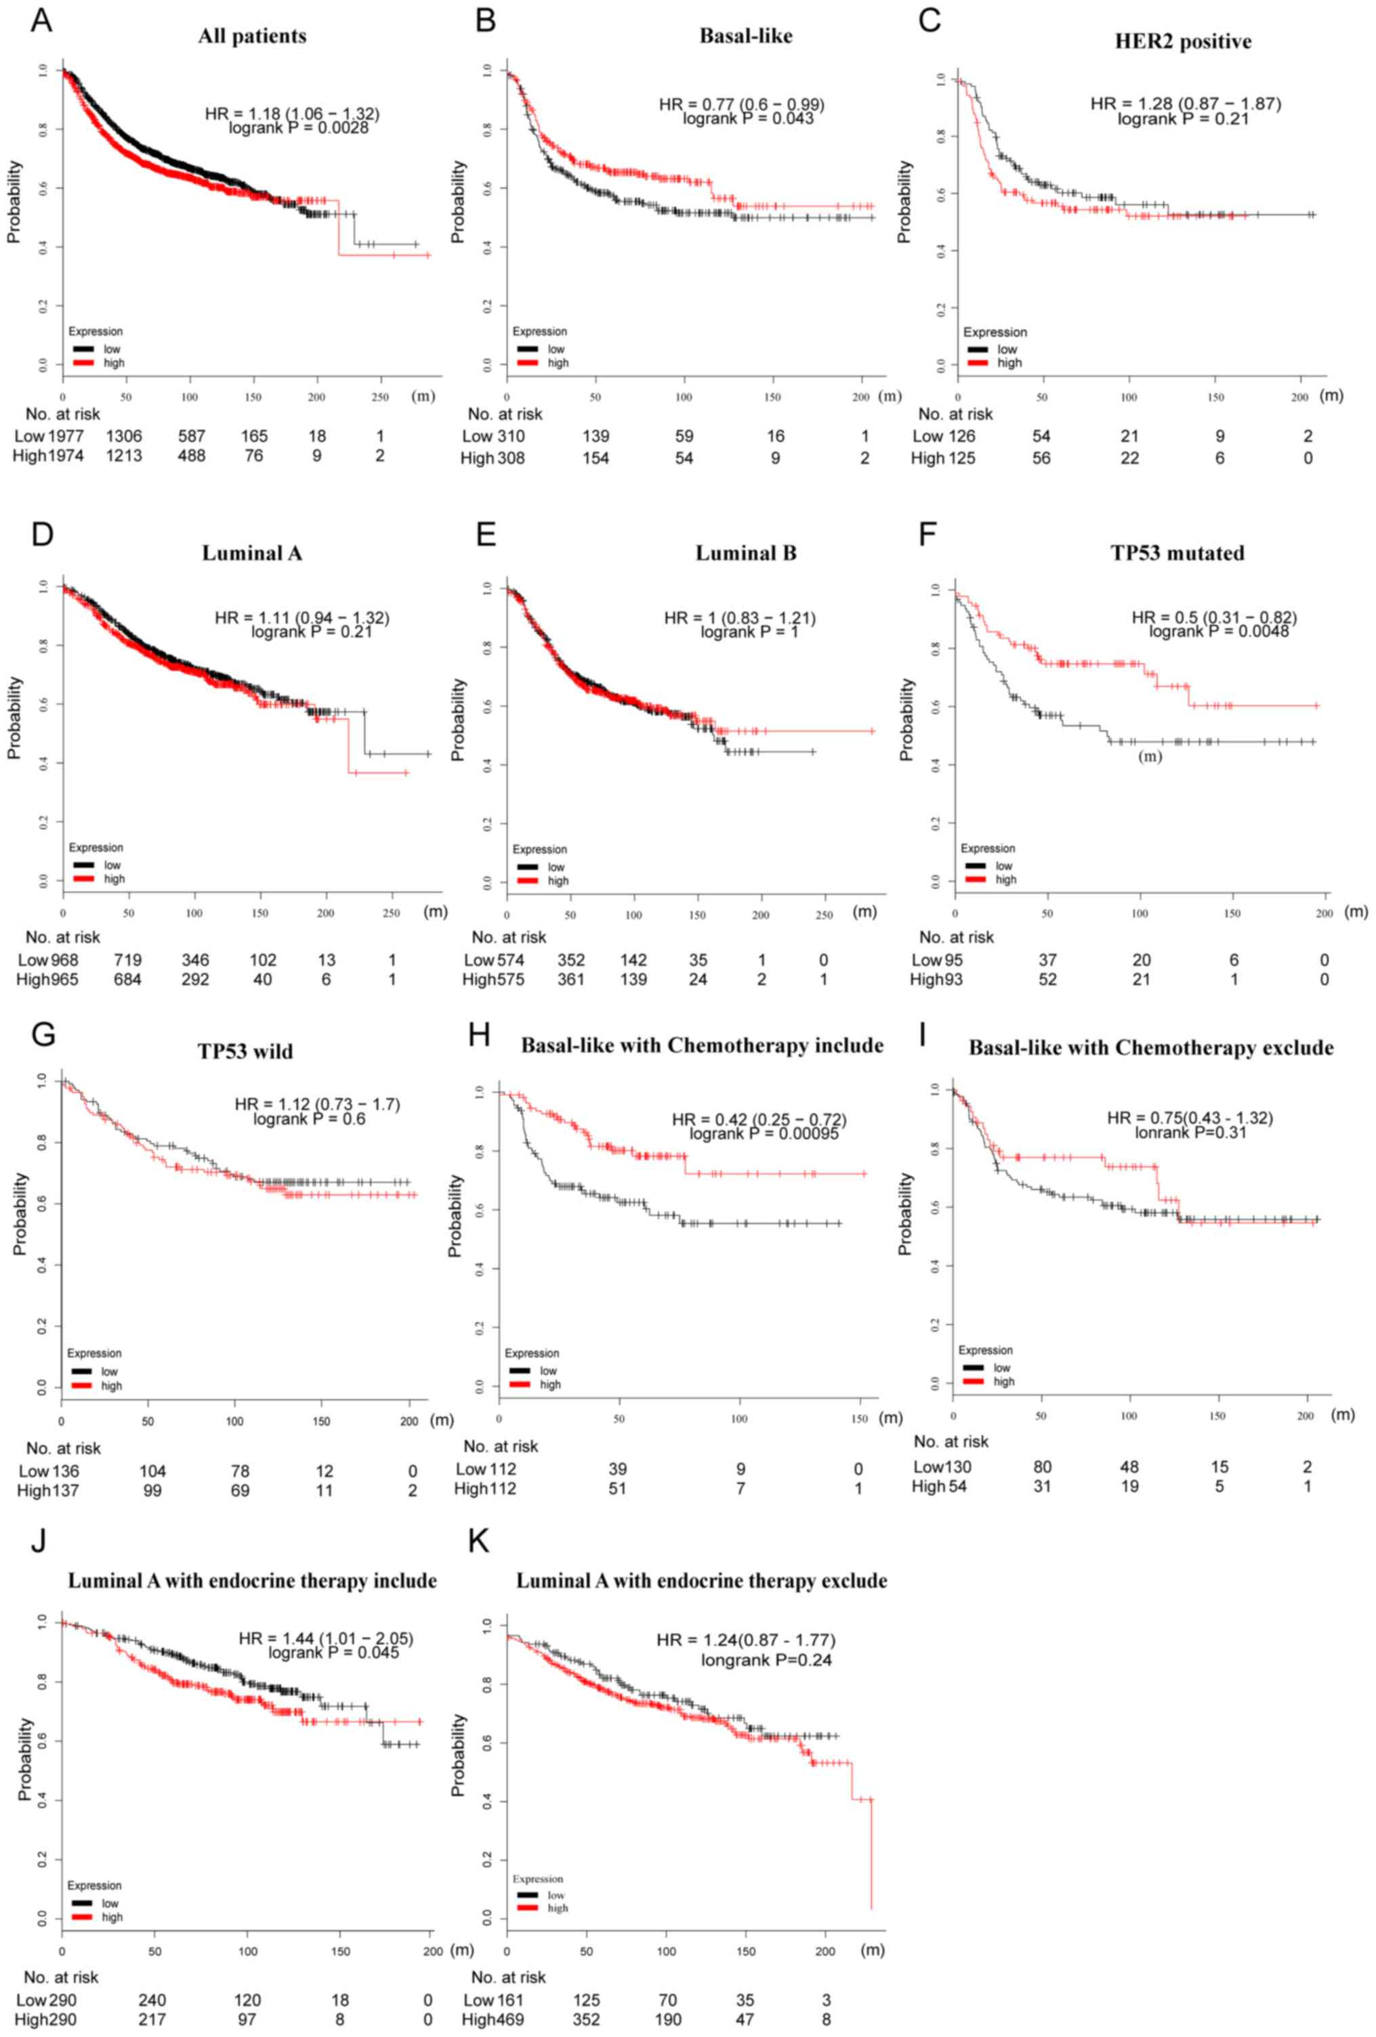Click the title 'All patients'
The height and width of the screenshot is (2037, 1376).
(252, 37)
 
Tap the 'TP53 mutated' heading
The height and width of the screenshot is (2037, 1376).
(1177, 554)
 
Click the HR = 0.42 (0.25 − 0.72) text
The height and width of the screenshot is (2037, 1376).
(759, 1119)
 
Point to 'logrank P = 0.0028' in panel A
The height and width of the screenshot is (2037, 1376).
(298, 128)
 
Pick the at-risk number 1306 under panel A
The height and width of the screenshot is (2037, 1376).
(124, 435)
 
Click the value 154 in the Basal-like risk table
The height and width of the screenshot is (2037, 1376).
(596, 458)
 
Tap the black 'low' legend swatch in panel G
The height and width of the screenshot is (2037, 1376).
(81, 1372)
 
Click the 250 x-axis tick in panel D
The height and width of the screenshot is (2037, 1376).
(391, 913)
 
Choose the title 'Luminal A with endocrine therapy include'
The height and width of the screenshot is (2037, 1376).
(253, 1580)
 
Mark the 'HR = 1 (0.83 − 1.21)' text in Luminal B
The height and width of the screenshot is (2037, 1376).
(739, 619)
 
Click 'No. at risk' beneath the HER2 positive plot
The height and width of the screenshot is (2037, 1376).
(955, 414)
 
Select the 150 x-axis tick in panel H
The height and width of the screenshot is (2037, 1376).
(860, 1418)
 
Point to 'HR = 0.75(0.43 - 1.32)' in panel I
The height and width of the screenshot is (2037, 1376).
(1189, 1118)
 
